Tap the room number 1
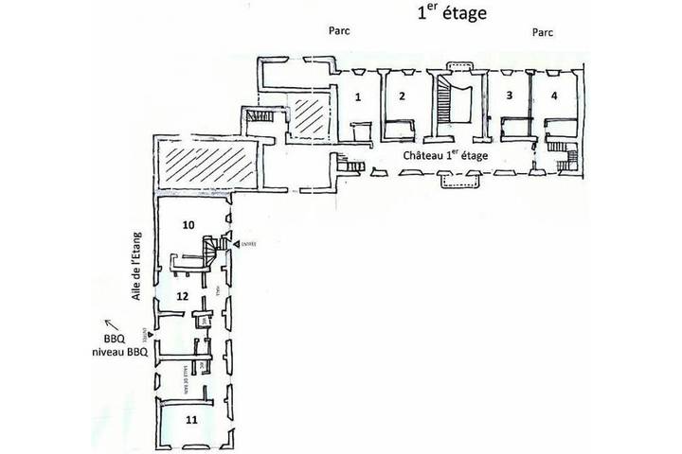(x=358, y=96)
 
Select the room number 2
(x=402, y=96)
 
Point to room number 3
(x=510, y=96)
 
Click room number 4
(x=553, y=96)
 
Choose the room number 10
(x=188, y=225)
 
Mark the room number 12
(x=182, y=297)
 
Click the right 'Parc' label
(x=543, y=31)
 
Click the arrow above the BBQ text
(x=107, y=321)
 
